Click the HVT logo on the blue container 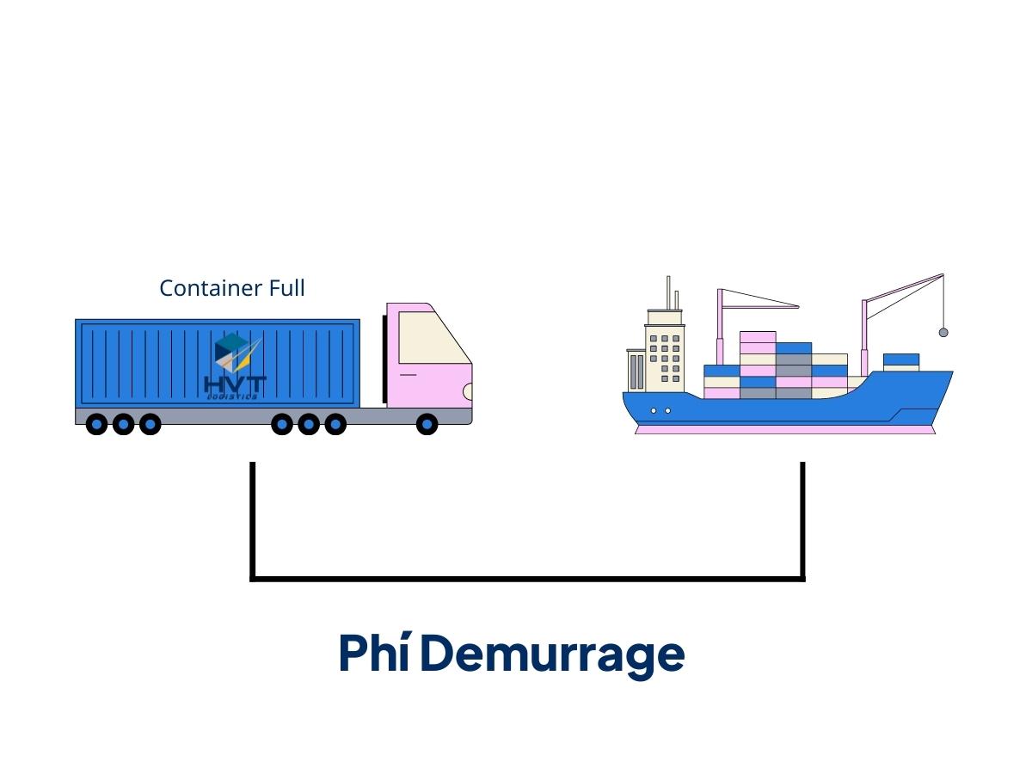(236, 366)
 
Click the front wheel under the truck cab (427, 424)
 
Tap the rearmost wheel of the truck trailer (97, 424)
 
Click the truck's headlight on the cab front (468, 392)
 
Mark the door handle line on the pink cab (408, 375)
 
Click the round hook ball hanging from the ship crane (943, 332)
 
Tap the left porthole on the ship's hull (654, 411)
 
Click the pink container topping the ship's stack (758, 337)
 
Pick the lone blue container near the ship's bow (901, 359)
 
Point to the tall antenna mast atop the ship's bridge (668, 292)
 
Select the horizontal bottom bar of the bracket (528, 579)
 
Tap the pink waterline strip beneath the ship (784, 429)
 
